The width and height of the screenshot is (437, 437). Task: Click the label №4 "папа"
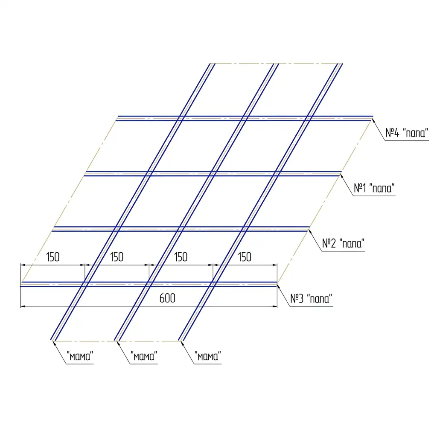(407, 133)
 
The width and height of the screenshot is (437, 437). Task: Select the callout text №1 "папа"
(374, 188)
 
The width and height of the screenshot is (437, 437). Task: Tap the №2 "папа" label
(343, 243)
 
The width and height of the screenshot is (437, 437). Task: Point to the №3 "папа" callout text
(311, 298)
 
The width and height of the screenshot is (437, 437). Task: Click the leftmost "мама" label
(80, 356)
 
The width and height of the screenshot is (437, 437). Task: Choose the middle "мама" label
(144, 356)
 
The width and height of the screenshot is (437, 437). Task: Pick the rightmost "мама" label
(208, 356)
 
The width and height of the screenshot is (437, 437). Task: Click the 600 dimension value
(167, 298)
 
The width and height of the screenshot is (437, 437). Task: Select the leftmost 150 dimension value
(52, 257)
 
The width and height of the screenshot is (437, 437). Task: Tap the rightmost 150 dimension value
(245, 257)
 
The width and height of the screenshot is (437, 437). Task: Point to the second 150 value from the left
(117, 257)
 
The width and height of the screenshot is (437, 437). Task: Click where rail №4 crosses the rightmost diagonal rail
(308, 119)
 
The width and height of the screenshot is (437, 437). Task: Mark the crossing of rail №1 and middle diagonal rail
(213, 174)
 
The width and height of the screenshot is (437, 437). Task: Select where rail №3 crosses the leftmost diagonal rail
(85, 284)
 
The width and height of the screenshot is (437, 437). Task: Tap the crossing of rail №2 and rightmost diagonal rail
(244, 229)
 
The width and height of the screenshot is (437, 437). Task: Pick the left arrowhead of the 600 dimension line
(23, 306)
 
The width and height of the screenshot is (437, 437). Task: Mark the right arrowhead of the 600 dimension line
(275, 306)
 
